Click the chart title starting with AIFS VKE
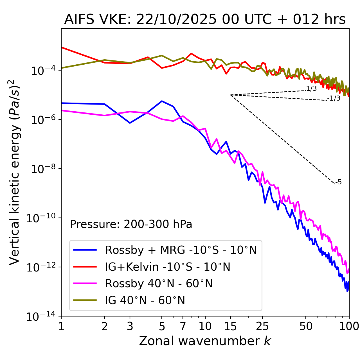click(205, 20)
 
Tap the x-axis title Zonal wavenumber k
click(205, 341)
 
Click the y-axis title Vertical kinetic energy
click(14, 172)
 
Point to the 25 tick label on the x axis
click(262, 326)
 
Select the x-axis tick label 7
click(183, 326)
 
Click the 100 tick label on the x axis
click(349, 326)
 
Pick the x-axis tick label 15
click(231, 326)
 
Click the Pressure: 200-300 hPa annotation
click(131, 224)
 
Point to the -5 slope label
click(338, 182)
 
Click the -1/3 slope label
click(334, 98)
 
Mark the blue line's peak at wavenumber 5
click(162, 101)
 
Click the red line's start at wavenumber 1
click(62, 47)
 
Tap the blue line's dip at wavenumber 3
click(130, 123)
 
